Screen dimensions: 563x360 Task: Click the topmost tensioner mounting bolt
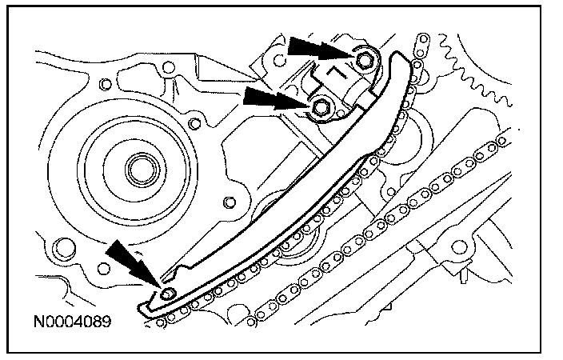point(365,61)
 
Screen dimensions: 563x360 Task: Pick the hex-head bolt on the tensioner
point(321,106)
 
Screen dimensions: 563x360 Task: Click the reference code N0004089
point(72,324)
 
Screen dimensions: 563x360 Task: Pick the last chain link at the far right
point(501,141)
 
